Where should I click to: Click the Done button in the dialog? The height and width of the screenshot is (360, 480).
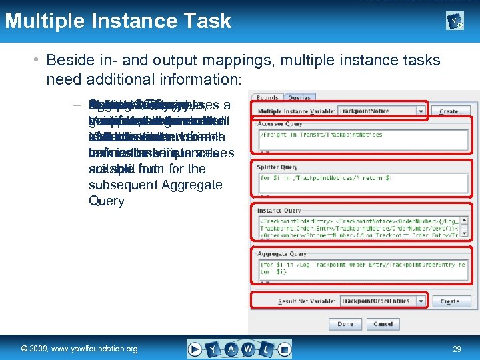[x=345, y=324]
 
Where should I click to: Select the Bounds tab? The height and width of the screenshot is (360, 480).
[x=267, y=98]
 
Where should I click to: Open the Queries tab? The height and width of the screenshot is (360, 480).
[x=299, y=98]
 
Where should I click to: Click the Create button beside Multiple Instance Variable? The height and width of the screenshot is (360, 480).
[x=451, y=111]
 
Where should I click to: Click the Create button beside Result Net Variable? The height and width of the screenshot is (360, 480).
[x=451, y=301]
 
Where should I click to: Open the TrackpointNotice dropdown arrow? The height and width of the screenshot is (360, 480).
[x=421, y=111]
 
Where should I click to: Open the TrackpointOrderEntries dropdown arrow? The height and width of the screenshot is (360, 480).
[x=421, y=301]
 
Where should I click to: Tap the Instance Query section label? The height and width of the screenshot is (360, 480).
[x=279, y=209]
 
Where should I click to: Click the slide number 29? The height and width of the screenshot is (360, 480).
[x=457, y=349]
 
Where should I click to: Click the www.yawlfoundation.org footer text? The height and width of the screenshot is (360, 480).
[x=79, y=349]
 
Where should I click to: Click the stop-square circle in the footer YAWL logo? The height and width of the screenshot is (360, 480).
[x=284, y=348]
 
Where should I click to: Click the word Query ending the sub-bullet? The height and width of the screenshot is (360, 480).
[x=107, y=201]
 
